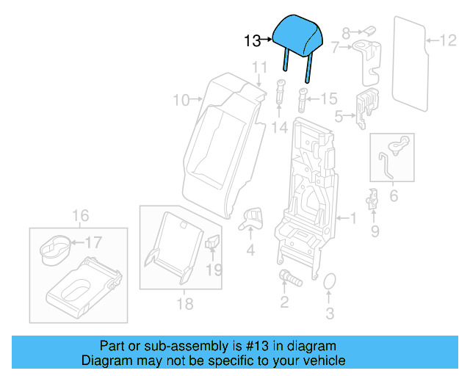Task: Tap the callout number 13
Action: tap(252, 41)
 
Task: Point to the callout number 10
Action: tap(181, 99)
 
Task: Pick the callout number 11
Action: tap(258, 68)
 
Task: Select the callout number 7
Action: tap(335, 48)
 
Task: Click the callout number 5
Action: tap(339, 116)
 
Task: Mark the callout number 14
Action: tap(280, 128)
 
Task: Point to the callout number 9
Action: tap(375, 232)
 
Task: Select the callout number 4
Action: tap(250, 250)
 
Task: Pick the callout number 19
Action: tap(212, 270)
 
